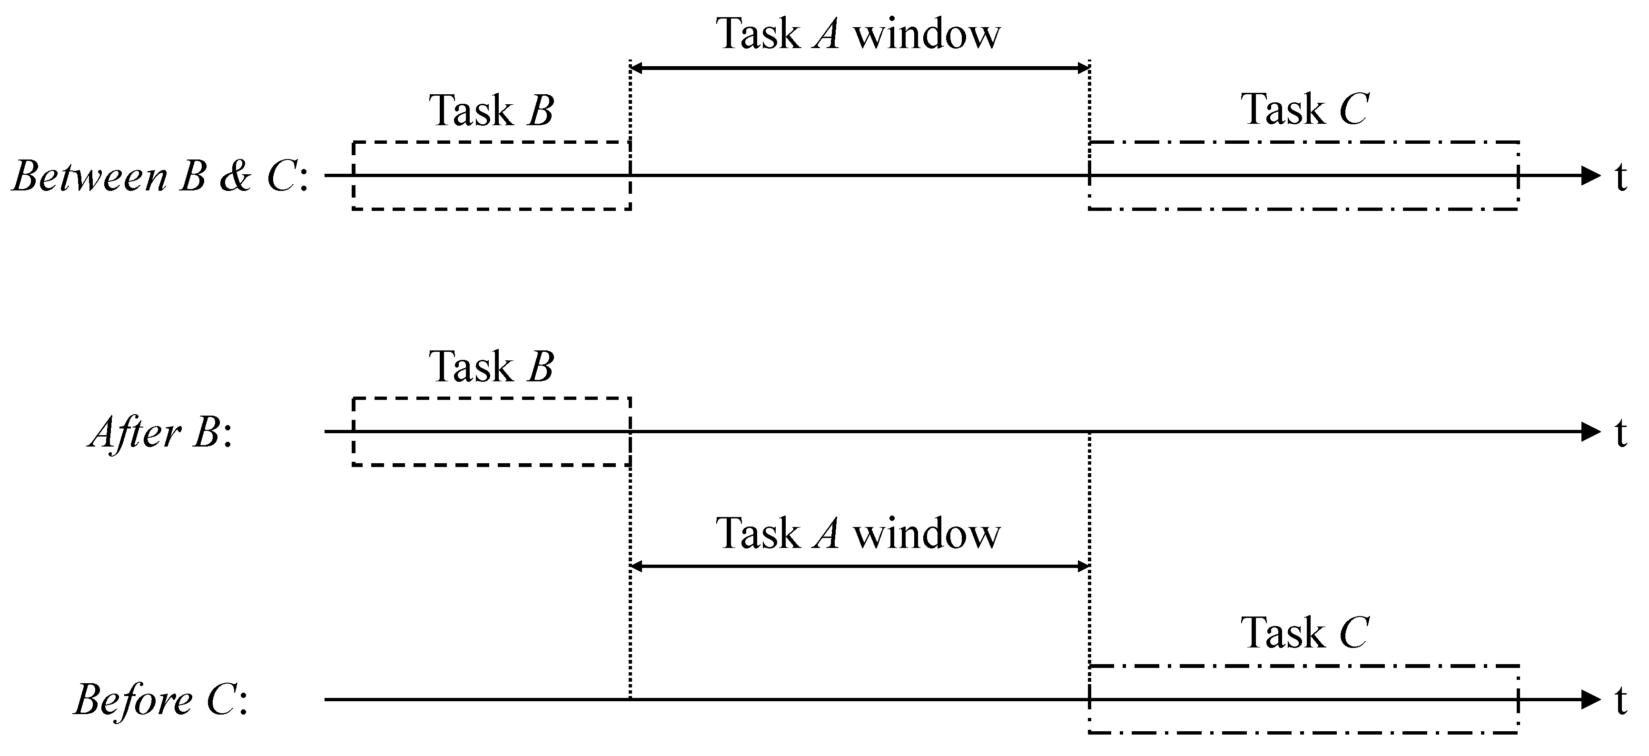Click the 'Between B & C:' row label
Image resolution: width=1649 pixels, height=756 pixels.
(x=160, y=177)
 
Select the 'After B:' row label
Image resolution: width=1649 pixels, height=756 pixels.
(x=160, y=433)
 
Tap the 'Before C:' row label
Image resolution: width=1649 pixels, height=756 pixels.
(x=160, y=700)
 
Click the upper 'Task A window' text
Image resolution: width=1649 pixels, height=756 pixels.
(x=858, y=33)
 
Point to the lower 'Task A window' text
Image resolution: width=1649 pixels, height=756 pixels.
(x=858, y=533)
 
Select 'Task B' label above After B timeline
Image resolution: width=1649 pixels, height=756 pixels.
(x=491, y=367)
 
